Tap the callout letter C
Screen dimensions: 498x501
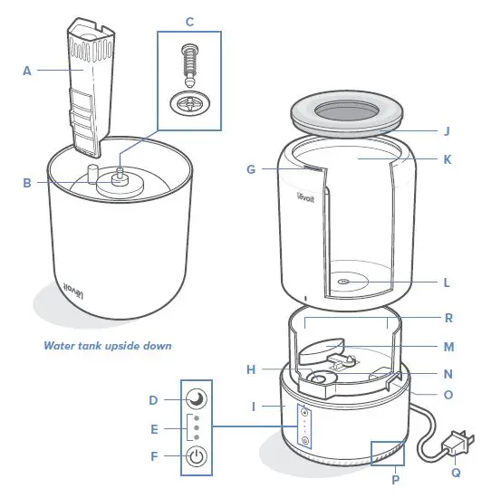pos(188,20)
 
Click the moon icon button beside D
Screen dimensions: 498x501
pos(196,399)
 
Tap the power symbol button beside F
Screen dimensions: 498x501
pos(196,455)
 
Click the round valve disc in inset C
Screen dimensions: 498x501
pos(189,102)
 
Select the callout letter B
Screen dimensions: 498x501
pos(27,182)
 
